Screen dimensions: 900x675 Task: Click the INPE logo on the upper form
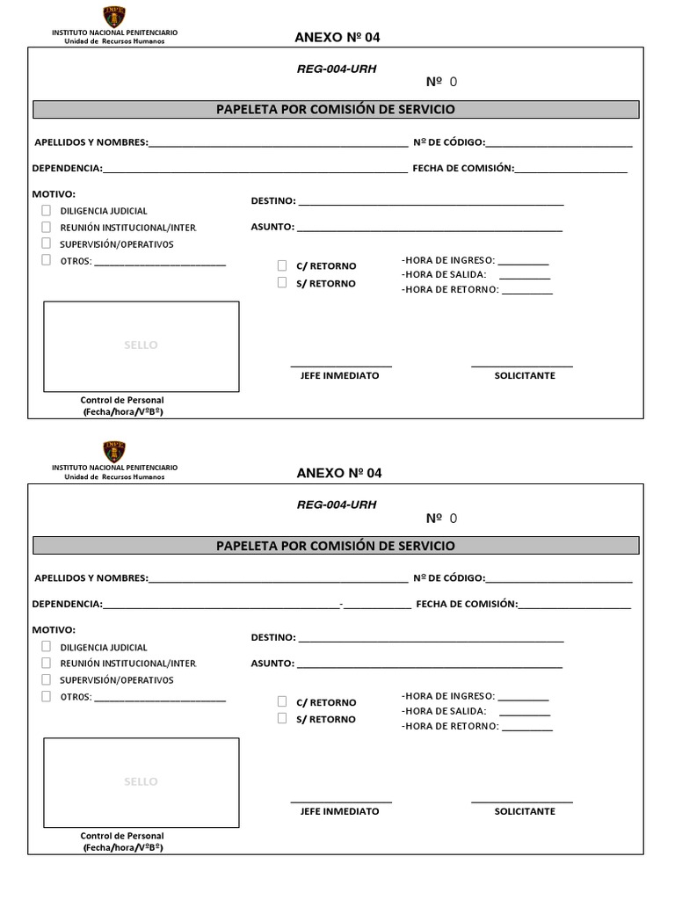point(114,16)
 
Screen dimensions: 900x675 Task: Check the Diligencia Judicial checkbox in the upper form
point(46,211)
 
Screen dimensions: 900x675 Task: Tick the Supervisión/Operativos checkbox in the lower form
point(46,679)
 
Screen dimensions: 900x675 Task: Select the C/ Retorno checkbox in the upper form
point(282,265)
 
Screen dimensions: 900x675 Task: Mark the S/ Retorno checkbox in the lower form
point(282,718)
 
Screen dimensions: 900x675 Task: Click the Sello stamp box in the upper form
point(142,345)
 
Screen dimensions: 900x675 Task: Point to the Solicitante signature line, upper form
point(522,365)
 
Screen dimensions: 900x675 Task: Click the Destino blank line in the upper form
point(431,203)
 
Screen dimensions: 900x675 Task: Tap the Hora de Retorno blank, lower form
point(526,729)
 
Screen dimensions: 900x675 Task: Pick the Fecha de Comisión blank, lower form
point(575,606)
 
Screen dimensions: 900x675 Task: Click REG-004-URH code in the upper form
point(337,69)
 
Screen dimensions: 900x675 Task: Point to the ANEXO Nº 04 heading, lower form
point(339,473)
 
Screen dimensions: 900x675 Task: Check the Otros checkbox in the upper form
point(46,260)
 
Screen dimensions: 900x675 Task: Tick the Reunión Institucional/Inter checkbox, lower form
point(46,663)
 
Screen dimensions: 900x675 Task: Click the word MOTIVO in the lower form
point(54,629)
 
